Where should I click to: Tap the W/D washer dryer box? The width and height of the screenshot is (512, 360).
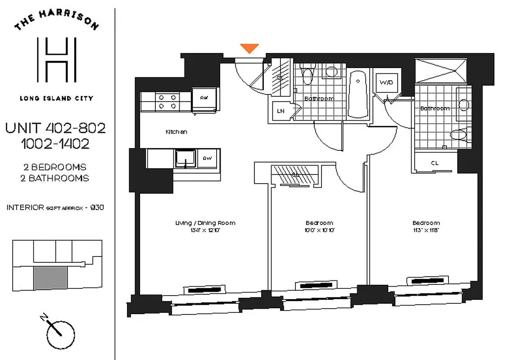tap(386, 83)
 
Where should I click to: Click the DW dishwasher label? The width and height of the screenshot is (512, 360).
tap(207, 158)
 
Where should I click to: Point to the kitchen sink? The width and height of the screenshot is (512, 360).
tap(185, 158)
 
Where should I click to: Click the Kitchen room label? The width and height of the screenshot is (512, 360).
tap(176, 132)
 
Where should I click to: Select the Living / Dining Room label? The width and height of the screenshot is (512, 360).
tap(205, 223)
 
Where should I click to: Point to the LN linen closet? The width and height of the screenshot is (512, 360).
tap(280, 111)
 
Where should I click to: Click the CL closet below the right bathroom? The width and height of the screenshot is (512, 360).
tap(434, 163)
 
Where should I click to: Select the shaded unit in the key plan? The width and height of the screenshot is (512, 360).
tap(50, 277)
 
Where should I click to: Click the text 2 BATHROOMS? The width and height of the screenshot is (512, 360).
tap(54, 178)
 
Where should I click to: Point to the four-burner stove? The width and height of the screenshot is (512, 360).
tap(167, 102)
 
